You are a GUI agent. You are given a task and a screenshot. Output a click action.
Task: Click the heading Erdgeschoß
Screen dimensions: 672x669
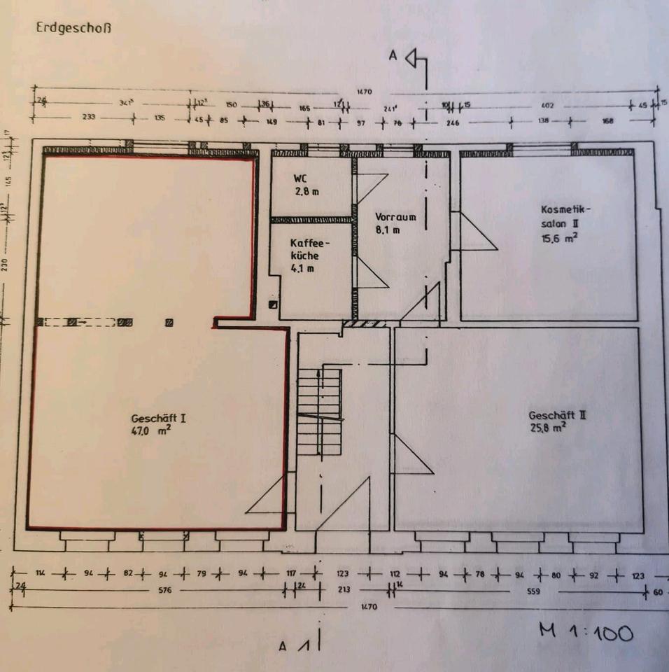coord(73,29)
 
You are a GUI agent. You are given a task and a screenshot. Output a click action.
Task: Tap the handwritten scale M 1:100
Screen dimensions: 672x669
coord(586,632)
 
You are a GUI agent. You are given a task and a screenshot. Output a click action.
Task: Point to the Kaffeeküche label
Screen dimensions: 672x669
coord(309,249)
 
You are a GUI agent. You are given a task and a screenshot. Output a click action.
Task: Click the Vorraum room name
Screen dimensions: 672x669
coord(395,216)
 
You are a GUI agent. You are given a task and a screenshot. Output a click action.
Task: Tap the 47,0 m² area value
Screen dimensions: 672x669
coord(150,433)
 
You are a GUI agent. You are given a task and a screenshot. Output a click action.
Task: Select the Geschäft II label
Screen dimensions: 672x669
coord(556,415)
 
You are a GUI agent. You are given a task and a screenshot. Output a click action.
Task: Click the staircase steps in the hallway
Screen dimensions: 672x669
coord(318,413)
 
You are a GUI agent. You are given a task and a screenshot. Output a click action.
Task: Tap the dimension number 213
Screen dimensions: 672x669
coord(344,590)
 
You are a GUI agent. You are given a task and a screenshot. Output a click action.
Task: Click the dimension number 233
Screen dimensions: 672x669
coord(89,118)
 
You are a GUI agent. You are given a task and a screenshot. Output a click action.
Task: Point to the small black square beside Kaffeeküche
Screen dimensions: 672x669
coord(273,305)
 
